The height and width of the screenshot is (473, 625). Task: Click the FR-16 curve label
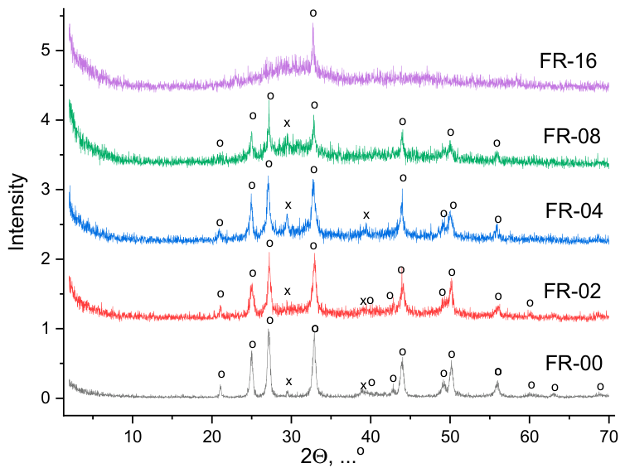[x=568, y=61]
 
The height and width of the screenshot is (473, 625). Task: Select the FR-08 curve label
[x=572, y=137]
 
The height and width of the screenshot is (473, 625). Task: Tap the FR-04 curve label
[x=574, y=210]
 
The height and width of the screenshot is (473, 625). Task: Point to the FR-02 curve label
[x=572, y=292]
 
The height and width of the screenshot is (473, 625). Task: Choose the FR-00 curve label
[x=574, y=364]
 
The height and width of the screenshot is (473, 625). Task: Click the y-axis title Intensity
[x=17, y=211]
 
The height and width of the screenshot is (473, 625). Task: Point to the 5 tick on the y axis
[x=46, y=51]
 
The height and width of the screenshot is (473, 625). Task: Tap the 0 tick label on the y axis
[x=46, y=398]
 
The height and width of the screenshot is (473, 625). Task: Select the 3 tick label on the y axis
[x=46, y=189]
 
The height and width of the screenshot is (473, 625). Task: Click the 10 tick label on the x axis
[x=133, y=437]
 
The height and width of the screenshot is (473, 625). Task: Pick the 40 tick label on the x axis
[x=371, y=437]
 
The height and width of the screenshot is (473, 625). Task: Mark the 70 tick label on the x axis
[x=609, y=437]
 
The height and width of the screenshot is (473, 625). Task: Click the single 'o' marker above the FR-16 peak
[x=313, y=13]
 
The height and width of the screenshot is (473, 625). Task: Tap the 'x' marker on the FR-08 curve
[x=287, y=123]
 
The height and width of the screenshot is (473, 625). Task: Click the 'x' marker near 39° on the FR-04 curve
[x=366, y=215]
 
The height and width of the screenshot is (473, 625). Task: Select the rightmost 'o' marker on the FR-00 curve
[x=600, y=387]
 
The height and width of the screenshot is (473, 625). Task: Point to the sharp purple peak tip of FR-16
[x=312, y=24]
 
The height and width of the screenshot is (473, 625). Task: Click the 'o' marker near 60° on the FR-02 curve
[x=530, y=303]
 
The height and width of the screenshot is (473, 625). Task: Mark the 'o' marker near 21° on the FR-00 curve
[x=221, y=374]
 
